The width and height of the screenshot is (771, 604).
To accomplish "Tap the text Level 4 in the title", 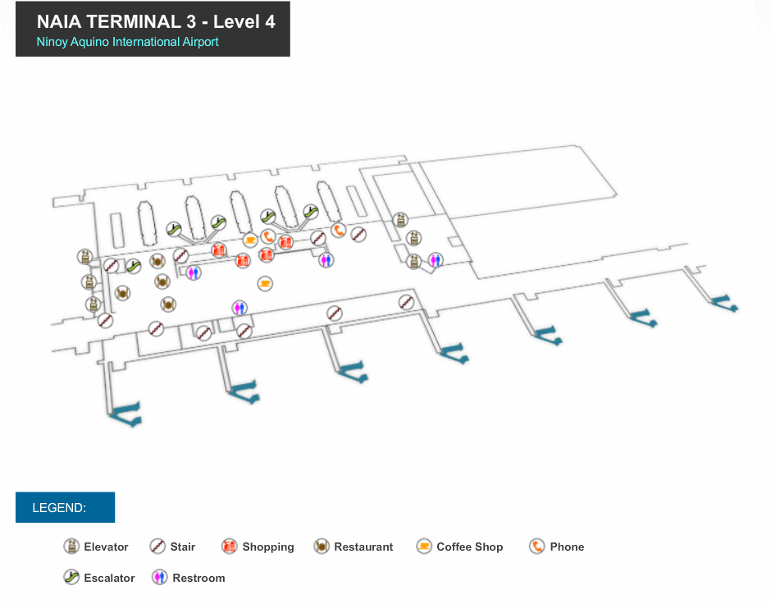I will tap(244, 22).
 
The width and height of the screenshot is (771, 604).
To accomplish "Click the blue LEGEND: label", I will tap(59, 508).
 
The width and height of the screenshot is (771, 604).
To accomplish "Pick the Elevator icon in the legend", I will tap(72, 547).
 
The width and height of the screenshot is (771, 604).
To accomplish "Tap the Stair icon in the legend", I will tap(158, 547).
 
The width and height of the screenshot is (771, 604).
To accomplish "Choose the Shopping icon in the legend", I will tap(230, 547).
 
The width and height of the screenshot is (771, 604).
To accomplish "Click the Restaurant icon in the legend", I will tap(322, 547).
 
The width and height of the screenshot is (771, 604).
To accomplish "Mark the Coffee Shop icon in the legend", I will tap(424, 547).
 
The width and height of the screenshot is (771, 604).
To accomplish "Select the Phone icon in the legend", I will tap(537, 547).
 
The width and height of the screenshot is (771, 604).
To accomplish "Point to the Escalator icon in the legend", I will tap(72, 578).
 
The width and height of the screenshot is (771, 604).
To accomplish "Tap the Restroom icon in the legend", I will tap(160, 578).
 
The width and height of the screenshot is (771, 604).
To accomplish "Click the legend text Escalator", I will tap(109, 579).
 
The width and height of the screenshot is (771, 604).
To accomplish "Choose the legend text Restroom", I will tap(198, 579).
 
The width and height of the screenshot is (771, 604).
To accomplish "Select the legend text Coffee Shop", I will tap(469, 547).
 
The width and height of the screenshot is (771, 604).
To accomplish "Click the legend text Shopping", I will tap(268, 547).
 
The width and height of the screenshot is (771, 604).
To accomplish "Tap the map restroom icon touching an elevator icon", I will tap(436, 260).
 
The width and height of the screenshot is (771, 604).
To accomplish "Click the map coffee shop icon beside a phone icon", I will tap(251, 240).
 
